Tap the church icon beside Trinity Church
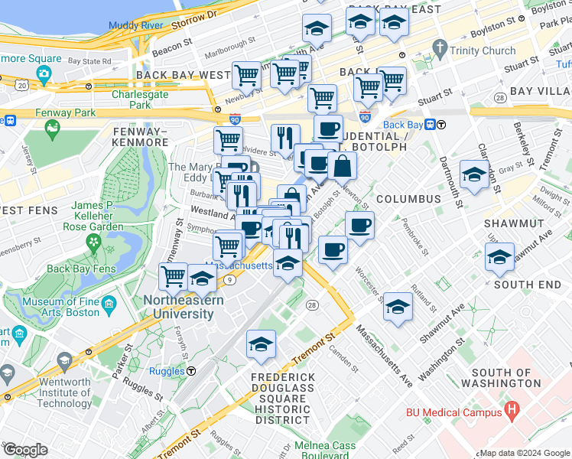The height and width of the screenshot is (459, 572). [x=439, y=49]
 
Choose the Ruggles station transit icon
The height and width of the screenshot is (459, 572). [x=191, y=371]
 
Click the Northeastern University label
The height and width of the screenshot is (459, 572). [x=184, y=307]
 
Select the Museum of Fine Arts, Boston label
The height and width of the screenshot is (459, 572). [x=61, y=307]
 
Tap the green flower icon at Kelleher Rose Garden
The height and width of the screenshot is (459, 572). [x=93, y=244]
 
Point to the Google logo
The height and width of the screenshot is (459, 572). [x=25, y=450]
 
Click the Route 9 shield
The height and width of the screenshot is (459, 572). [x=229, y=280]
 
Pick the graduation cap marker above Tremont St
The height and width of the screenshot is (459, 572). [x=261, y=345]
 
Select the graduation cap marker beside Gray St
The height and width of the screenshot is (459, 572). [x=474, y=174]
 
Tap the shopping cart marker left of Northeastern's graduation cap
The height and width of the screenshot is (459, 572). [x=174, y=276]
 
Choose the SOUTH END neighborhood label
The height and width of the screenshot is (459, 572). [x=527, y=285]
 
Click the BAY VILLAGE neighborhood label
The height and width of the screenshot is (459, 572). [x=540, y=91]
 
